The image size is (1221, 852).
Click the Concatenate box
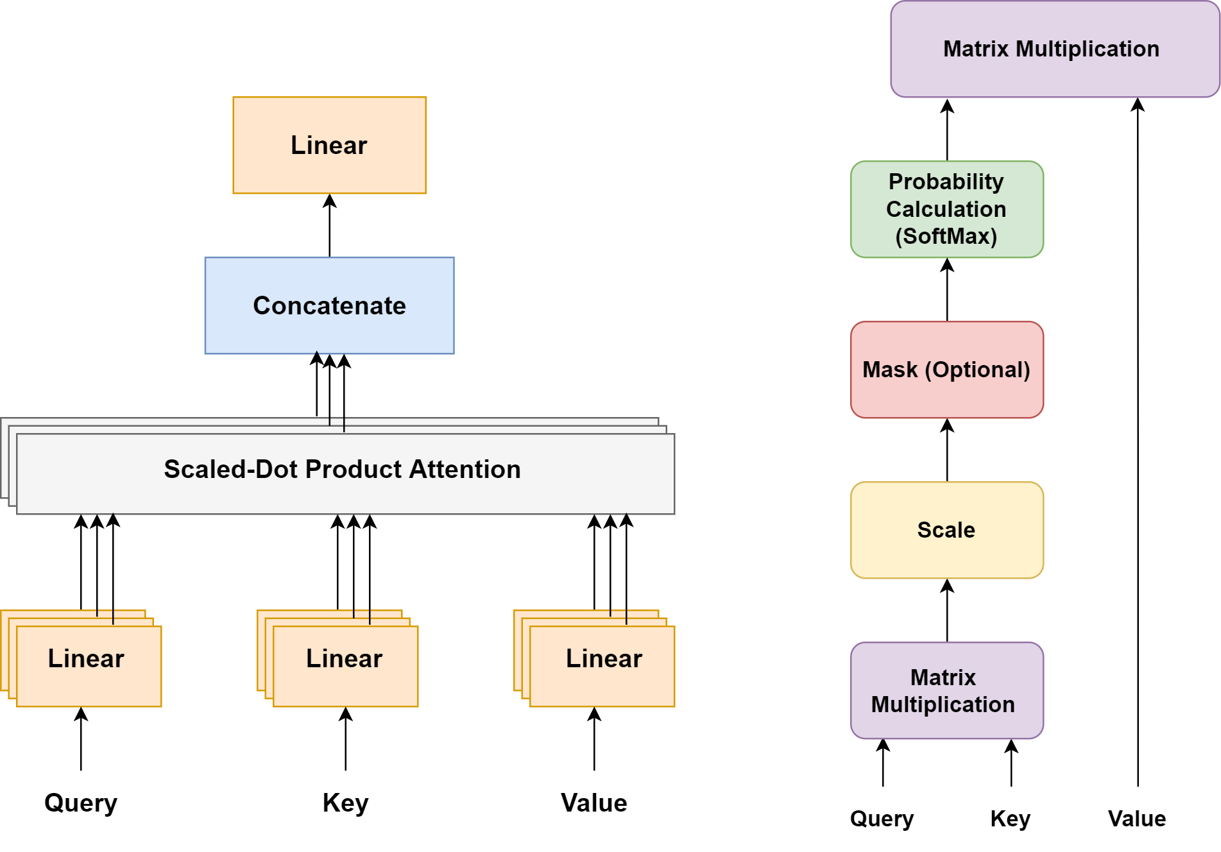tap(329, 305)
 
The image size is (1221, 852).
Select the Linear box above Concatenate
tap(329, 145)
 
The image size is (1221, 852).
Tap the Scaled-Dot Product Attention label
tap(342, 469)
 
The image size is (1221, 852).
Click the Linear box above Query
tap(89, 666)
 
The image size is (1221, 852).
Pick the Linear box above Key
tap(345, 666)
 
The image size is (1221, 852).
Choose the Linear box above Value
tap(602, 666)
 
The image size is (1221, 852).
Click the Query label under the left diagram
tap(81, 803)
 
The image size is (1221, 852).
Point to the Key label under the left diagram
tap(345, 803)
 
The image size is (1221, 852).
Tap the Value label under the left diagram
tap(594, 803)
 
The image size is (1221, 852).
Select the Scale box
tap(947, 530)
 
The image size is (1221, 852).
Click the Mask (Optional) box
tap(947, 370)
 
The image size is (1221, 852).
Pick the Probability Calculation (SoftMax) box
tap(947, 209)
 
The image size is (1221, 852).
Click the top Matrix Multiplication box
tap(1055, 49)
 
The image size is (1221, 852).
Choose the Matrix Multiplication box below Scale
tap(947, 690)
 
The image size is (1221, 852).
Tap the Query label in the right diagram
tap(882, 819)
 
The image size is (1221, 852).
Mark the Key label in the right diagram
tap(1011, 819)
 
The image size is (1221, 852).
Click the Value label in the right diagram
tap(1137, 819)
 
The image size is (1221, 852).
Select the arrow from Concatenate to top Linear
tap(330, 225)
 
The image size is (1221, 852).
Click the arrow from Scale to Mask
tap(947, 450)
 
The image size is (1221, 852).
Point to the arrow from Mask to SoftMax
tap(947, 289)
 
